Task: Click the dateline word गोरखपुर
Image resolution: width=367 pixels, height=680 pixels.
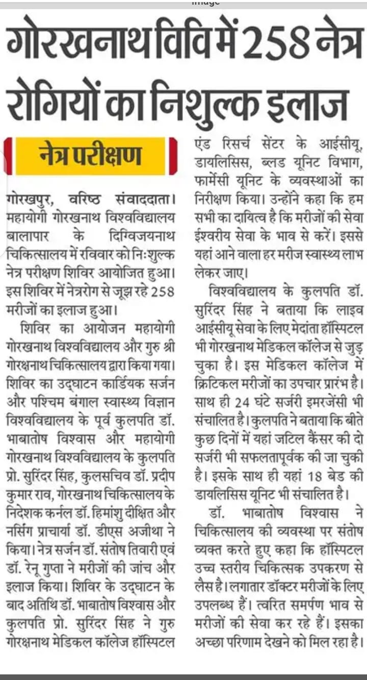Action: (31, 198)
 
